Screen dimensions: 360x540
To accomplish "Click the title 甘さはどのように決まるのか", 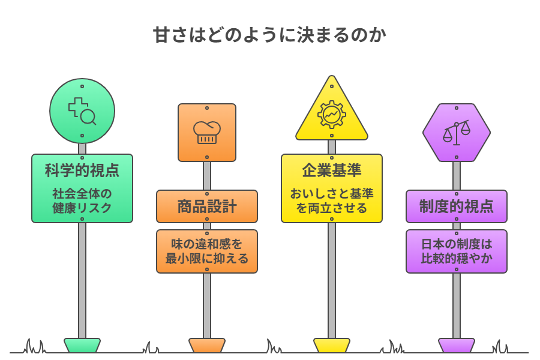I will pos(269,35).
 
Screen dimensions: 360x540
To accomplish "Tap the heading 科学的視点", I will pos(82,170).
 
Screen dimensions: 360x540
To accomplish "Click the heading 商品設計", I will pos(207,207).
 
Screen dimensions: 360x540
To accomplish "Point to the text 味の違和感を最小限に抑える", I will pos(207,251).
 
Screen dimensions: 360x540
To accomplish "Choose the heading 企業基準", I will pos(332,170).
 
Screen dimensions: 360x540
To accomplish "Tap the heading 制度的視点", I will pos(457,207).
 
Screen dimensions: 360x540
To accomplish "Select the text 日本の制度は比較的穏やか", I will pos(457,251).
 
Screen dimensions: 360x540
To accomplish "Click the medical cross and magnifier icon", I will pos(82,110).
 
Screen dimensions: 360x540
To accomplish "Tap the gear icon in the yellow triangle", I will pos(332,115).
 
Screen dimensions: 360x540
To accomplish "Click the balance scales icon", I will pos(457,133).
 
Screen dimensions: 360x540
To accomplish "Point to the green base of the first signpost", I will pos(82,345).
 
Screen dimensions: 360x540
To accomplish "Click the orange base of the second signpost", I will pos(207,345).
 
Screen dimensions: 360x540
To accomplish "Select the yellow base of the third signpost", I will pos(332,345).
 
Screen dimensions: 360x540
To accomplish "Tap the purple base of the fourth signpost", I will pos(457,345).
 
